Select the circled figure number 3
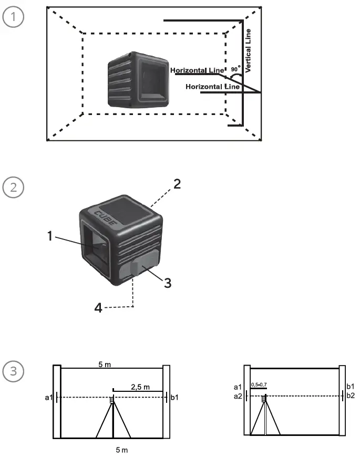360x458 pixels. click(x=13, y=370)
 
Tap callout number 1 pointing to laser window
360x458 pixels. click(x=50, y=236)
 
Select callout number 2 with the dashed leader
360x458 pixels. click(x=177, y=185)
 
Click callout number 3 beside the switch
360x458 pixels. click(x=167, y=283)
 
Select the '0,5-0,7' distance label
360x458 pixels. click(x=258, y=384)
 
